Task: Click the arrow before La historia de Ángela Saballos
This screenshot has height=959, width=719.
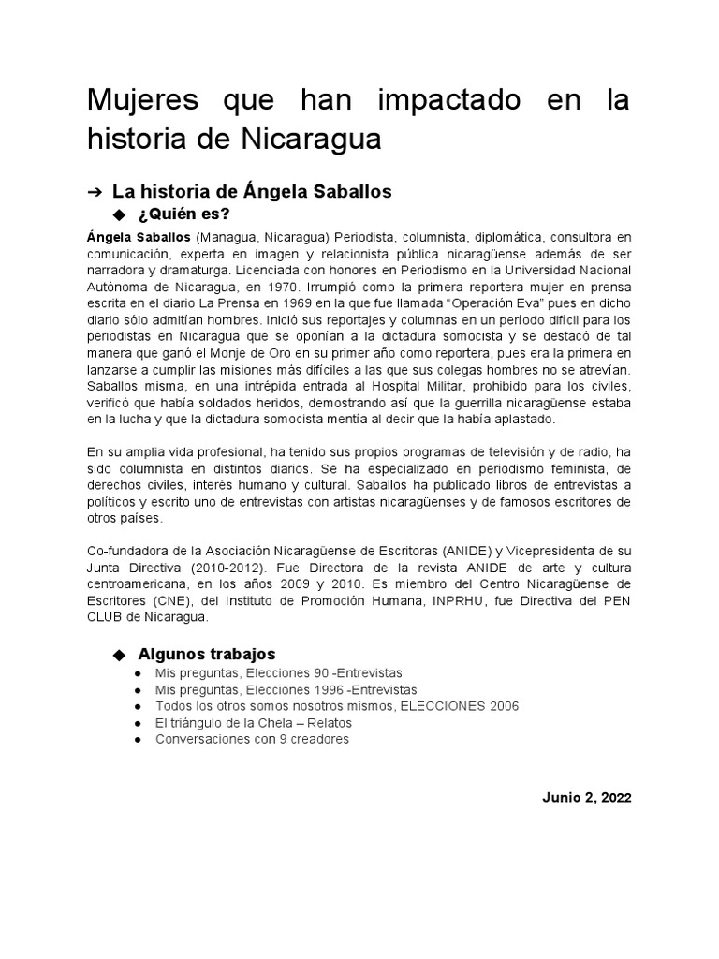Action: pos(94,192)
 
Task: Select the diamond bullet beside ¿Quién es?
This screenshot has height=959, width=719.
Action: pos(118,214)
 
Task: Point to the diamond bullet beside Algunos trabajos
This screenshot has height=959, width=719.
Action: pos(118,654)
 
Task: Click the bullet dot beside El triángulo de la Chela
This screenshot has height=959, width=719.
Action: pos(138,723)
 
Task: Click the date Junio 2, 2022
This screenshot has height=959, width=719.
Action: pos(587,798)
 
